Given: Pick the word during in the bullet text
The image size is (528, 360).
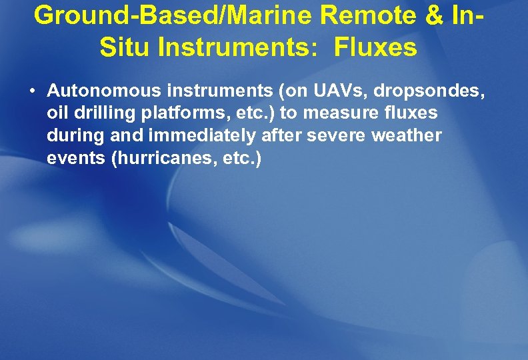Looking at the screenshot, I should [73, 136].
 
